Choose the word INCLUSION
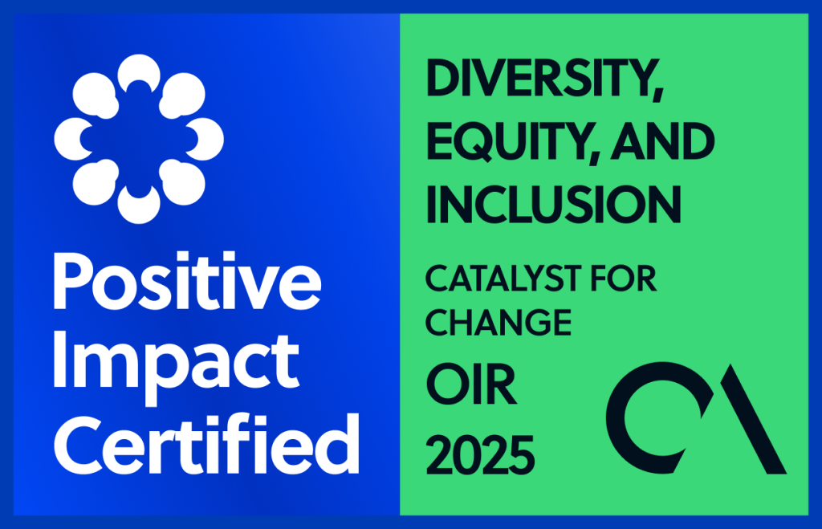point(553,203)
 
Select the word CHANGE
point(498,322)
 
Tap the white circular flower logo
point(139,139)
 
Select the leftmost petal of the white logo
point(73,139)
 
